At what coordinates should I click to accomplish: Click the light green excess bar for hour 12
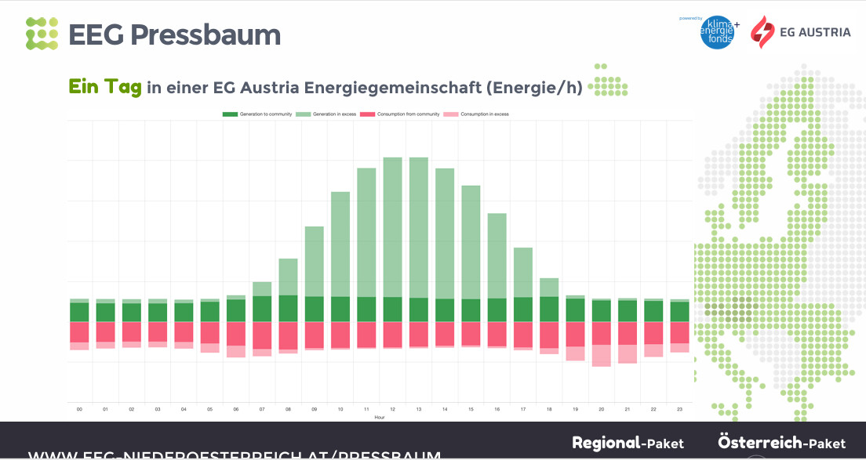(x=392, y=227)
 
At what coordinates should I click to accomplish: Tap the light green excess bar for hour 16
(x=497, y=255)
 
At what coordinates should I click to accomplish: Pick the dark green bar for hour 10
(x=340, y=309)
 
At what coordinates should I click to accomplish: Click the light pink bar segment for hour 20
(x=601, y=356)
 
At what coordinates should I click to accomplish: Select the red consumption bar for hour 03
(x=158, y=331)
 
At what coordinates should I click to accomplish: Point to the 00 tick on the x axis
(x=79, y=409)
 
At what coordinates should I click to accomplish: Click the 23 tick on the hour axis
(x=679, y=409)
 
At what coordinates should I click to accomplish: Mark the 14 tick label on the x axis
(x=445, y=409)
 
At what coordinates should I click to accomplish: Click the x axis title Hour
(x=380, y=417)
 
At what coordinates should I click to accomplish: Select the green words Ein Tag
(x=105, y=87)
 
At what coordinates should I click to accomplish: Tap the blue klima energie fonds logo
(x=717, y=32)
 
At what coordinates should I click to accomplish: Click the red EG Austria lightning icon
(x=762, y=32)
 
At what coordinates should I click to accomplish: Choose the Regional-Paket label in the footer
(x=628, y=443)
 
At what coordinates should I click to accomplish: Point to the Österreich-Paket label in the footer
(x=781, y=443)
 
